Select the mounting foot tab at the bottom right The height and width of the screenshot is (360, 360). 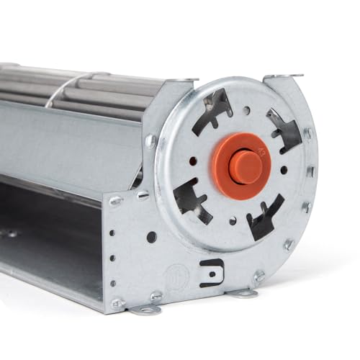pyautogui.click(x=242, y=292)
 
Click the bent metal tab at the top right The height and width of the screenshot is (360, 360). pyautogui.click(x=284, y=75)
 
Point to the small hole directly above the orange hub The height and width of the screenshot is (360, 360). pyautogui.click(x=246, y=112)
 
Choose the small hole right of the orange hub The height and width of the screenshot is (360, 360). pyautogui.click(x=284, y=170)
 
